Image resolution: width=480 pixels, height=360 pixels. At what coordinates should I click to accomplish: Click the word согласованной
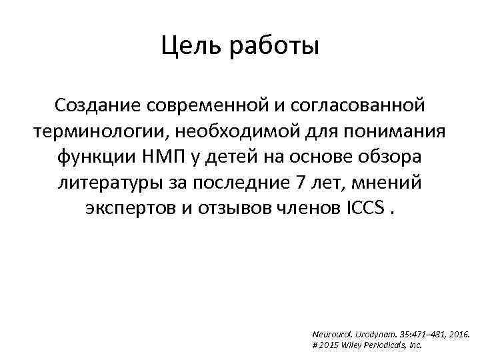tap(360, 105)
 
